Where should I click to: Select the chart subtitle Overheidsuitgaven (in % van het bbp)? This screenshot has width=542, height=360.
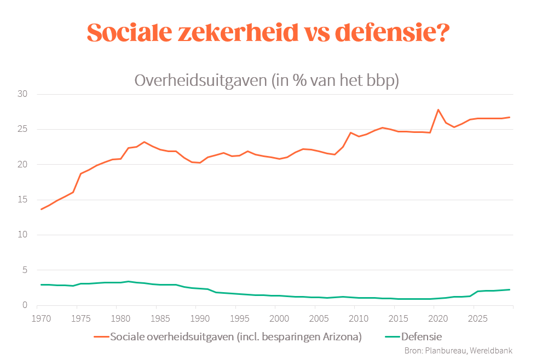click(x=267, y=80)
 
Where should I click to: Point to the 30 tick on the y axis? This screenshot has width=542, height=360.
click(x=22, y=94)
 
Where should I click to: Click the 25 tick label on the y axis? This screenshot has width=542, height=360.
click(x=22, y=130)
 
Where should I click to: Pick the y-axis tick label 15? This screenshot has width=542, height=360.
click(x=22, y=200)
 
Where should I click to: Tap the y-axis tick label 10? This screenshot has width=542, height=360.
click(x=22, y=235)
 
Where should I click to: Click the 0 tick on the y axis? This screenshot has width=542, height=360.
click(x=25, y=305)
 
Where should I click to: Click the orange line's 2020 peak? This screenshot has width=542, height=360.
click(x=438, y=110)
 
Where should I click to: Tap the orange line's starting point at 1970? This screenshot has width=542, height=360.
click(x=41, y=209)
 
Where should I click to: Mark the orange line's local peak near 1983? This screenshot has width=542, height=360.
click(x=144, y=142)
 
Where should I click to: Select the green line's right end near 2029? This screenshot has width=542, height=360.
click(x=509, y=289)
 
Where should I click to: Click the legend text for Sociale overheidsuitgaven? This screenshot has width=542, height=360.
click(x=236, y=336)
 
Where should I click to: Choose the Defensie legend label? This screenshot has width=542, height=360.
click(x=421, y=336)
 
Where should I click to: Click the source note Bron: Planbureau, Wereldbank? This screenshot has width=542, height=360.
click(x=458, y=351)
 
